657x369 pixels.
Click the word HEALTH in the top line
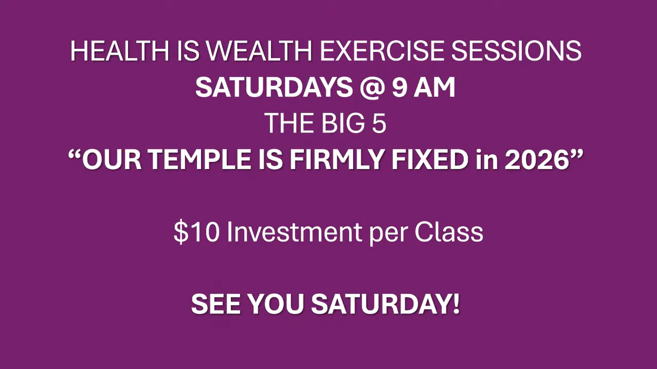[120, 51]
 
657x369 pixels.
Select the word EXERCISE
[382, 51]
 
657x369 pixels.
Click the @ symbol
[372, 88]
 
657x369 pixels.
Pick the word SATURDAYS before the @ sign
[274, 87]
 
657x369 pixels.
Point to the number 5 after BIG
[379, 123]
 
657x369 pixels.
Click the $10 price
[196, 232]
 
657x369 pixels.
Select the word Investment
[294, 232]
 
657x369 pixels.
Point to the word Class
[449, 232]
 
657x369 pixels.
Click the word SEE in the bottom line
[216, 304]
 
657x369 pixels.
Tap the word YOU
[276, 304]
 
